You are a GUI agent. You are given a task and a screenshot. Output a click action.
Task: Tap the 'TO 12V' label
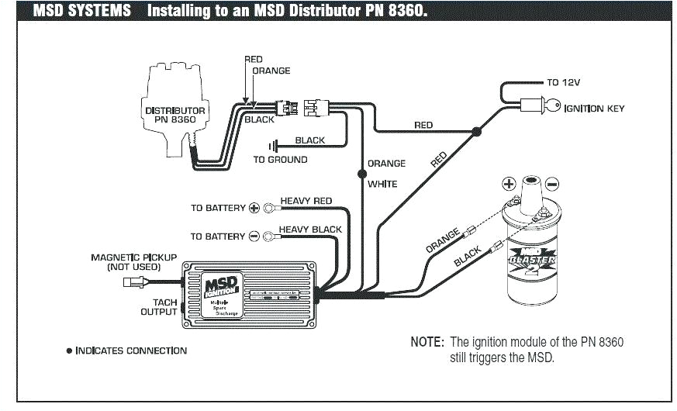tap(564, 81)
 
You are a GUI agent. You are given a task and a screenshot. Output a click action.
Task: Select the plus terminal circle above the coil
tap(508, 184)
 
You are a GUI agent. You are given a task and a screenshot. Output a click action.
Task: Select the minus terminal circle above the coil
tap(551, 184)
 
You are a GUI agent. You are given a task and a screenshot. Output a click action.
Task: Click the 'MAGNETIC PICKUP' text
tap(134, 257)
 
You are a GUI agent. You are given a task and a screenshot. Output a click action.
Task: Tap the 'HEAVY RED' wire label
tap(306, 201)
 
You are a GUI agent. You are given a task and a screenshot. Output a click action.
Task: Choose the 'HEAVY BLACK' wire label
tap(310, 230)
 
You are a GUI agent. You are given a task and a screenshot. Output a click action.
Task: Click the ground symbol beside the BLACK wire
tap(273, 145)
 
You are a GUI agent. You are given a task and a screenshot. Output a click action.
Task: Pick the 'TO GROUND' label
tap(281, 160)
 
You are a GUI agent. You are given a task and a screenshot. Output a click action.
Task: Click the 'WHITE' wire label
tap(382, 184)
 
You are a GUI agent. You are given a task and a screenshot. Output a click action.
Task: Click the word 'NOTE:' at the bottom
tap(427, 342)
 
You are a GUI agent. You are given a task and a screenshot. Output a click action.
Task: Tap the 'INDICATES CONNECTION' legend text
tap(131, 351)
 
